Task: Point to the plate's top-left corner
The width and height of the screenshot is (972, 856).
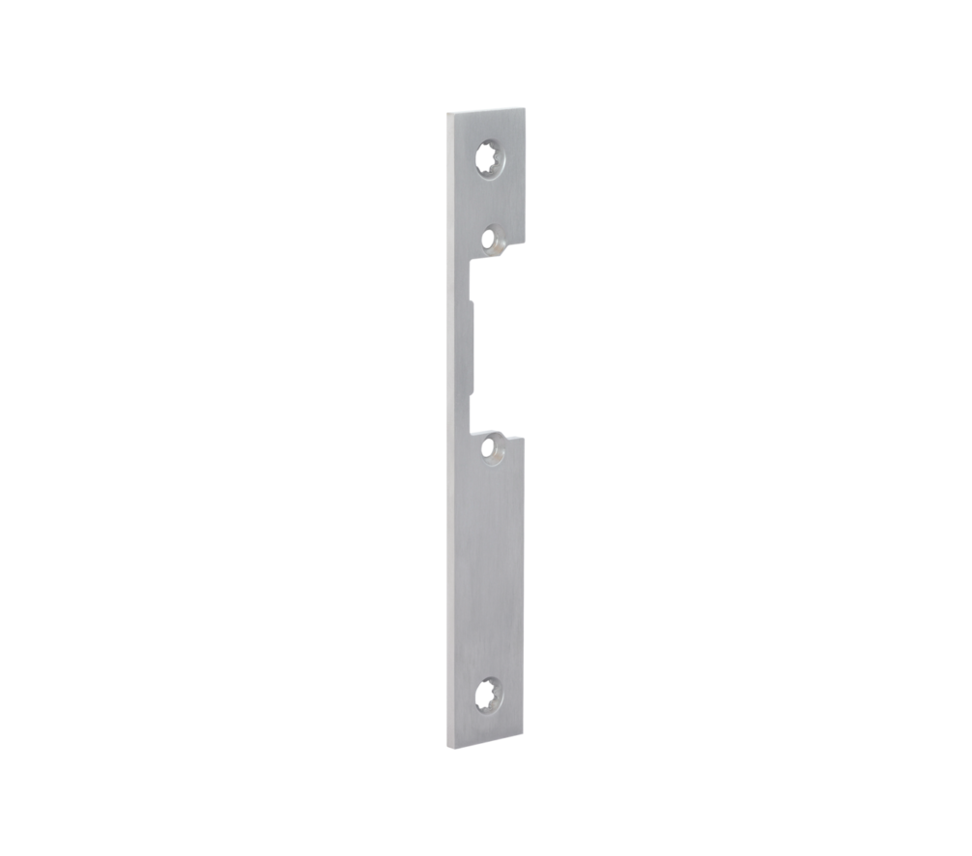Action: point(447,113)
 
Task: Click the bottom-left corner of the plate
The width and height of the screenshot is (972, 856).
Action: point(446,746)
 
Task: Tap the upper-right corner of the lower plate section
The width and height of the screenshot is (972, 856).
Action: point(525,438)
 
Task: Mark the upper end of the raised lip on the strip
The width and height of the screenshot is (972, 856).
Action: point(472,301)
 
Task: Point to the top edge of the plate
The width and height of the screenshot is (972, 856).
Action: point(486,109)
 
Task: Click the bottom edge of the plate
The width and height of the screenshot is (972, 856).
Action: point(485,741)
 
